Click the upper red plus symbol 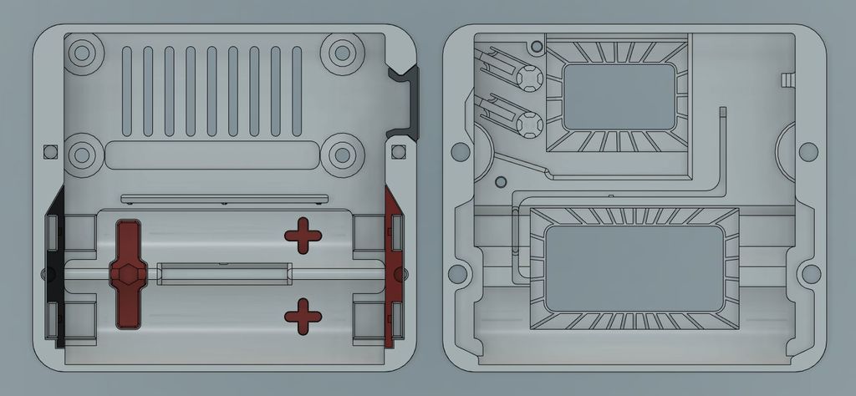(303, 236)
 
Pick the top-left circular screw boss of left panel (82, 53)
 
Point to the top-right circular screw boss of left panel (341, 53)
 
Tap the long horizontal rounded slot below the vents (212, 156)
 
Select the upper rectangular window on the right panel (619, 96)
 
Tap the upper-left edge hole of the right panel (459, 151)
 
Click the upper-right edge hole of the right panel (808, 151)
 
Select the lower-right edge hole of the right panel (810, 273)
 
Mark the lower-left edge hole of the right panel (457, 273)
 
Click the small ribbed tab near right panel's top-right (787, 79)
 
